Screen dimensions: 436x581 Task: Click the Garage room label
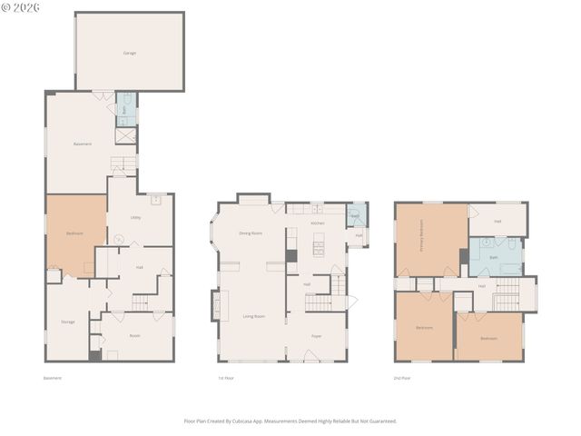point(130,54)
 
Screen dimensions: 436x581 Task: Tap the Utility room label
point(135,218)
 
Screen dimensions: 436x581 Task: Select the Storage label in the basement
point(68,322)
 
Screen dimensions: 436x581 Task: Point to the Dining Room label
point(251,233)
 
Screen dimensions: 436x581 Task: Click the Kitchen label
point(318,223)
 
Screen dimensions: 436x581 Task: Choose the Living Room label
point(253,316)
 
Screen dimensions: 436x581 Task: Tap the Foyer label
point(316,336)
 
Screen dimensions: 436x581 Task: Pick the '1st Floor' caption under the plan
point(226,377)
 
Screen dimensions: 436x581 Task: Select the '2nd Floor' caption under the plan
point(402,377)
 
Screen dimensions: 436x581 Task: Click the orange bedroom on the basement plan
point(75,233)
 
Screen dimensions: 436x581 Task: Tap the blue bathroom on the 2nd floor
point(495,257)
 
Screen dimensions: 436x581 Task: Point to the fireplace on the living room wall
point(215,304)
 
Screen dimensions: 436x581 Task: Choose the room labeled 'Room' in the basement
point(135,335)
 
